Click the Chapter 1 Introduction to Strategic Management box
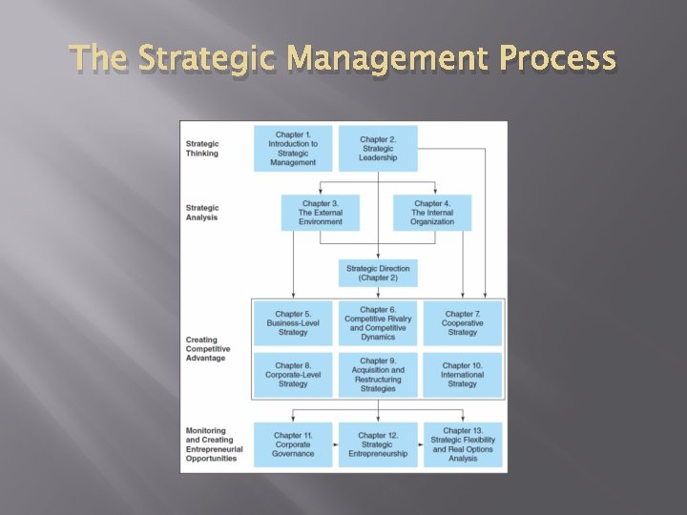click(293, 149)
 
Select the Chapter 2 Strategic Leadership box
click(379, 149)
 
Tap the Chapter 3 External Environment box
click(321, 213)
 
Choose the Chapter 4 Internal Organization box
click(432, 213)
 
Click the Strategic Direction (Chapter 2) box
click(379, 274)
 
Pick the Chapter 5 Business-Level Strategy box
click(293, 323)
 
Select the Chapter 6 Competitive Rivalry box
click(378, 323)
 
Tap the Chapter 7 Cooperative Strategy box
click(463, 323)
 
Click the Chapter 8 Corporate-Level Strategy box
click(293, 375)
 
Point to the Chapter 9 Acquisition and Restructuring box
click(378, 375)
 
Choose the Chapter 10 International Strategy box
click(463, 375)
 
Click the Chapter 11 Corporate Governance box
click(293, 444)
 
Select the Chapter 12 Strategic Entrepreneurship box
click(378, 444)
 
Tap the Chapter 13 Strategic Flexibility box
click(463, 444)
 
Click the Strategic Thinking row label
click(202, 149)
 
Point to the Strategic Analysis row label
click(202, 213)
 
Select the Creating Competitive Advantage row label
click(208, 349)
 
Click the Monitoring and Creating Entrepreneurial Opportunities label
click(214, 444)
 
